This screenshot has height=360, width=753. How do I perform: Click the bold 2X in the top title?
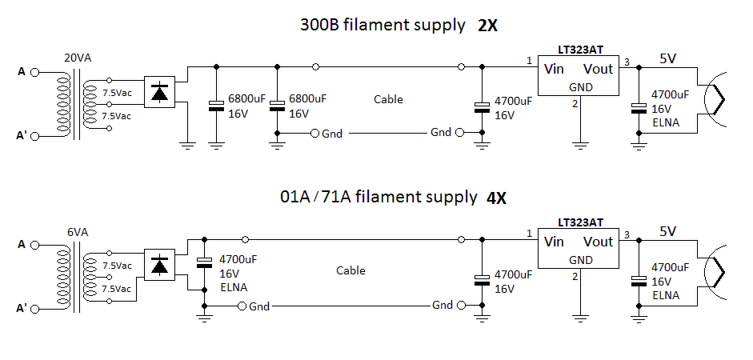[487, 26]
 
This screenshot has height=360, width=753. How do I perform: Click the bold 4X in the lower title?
[496, 198]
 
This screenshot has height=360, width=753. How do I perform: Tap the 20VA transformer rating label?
[78, 58]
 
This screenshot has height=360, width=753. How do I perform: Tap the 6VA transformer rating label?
[78, 232]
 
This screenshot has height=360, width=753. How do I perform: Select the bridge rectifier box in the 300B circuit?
[160, 92]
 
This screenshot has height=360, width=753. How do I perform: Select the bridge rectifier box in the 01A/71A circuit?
[160, 265]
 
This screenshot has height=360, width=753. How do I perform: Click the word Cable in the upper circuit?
[389, 99]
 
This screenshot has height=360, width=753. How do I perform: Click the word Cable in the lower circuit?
[350, 270]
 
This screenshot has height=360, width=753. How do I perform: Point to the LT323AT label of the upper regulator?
[580, 50]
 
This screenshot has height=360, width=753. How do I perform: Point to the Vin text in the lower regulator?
[554, 241]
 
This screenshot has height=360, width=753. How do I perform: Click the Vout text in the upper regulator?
[599, 69]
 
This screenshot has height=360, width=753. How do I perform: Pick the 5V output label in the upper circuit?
[667, 58]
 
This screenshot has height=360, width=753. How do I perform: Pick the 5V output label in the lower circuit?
[667, 231]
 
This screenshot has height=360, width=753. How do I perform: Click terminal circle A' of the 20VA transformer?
[34, 136]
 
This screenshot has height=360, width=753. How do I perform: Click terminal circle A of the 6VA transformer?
[34, 246]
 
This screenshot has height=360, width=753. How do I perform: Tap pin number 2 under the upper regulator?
[575, 104]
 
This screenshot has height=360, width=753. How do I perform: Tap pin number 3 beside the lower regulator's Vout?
[627, 234]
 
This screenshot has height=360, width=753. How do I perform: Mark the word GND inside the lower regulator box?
[581, 260]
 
